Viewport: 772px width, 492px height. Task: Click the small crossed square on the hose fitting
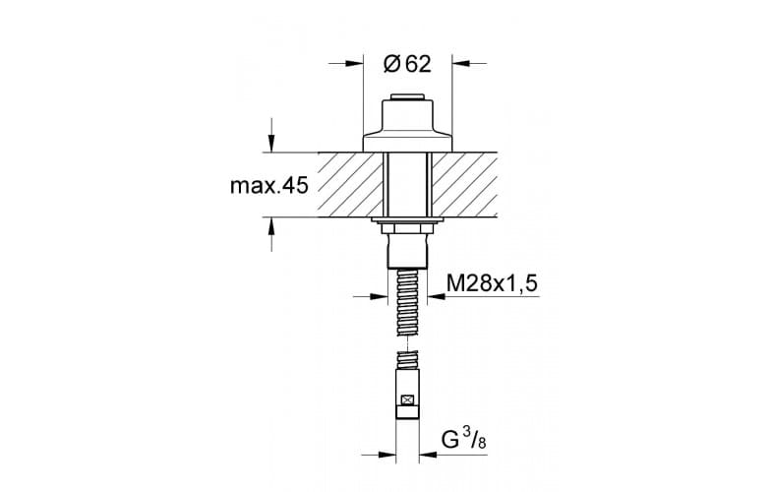[406, 400]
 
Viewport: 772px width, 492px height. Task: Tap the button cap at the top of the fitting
[406, 97]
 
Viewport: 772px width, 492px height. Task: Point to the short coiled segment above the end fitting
[406, 360]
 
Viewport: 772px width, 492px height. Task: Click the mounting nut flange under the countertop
[406, 224]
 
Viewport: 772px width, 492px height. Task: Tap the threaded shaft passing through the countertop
[406, 185]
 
